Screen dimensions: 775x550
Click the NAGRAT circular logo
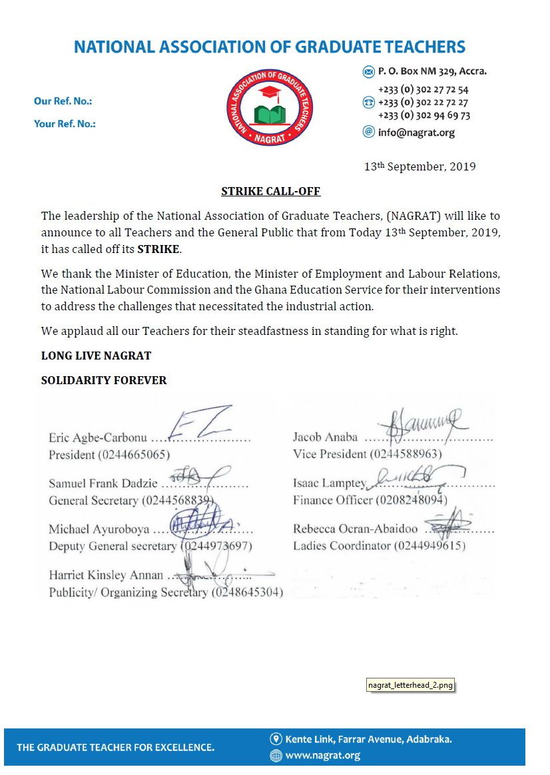pyautogui.click(x=269, y=107)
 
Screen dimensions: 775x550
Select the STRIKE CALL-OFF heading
pyautogui.click(x=270, y=192)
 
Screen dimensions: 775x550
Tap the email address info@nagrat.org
pyautogui.click(x=416, y=132)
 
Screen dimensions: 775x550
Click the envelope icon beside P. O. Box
pyautogui.click(x=368, y=72)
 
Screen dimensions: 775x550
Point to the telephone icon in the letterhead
pyautogui.click(x=368, y=103)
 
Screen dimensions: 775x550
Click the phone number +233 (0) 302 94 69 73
pyautogui.click(x=423, y=115)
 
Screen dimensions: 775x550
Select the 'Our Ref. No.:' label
pyautogui.click(x=63, y=101)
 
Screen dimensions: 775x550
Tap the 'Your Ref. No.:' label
pyautogui.click(x=65, y=123)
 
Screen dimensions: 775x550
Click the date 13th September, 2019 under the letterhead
pyautogui.click(x=419, y=166)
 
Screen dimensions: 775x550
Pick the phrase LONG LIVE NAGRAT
pyautogui.click(x=96, y=356)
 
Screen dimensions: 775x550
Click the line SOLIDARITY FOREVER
pyautogui.click(x=104, y=381)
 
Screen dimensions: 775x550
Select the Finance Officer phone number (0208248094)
pyautogui.click(x=412, y=500)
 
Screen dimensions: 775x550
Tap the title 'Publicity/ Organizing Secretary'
pyautogui.click(x=129, y=592)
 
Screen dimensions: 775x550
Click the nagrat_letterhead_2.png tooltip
pyautogui.click(x=411, y=684)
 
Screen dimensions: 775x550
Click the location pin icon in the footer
pyautogui.click(x=276, y=739)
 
